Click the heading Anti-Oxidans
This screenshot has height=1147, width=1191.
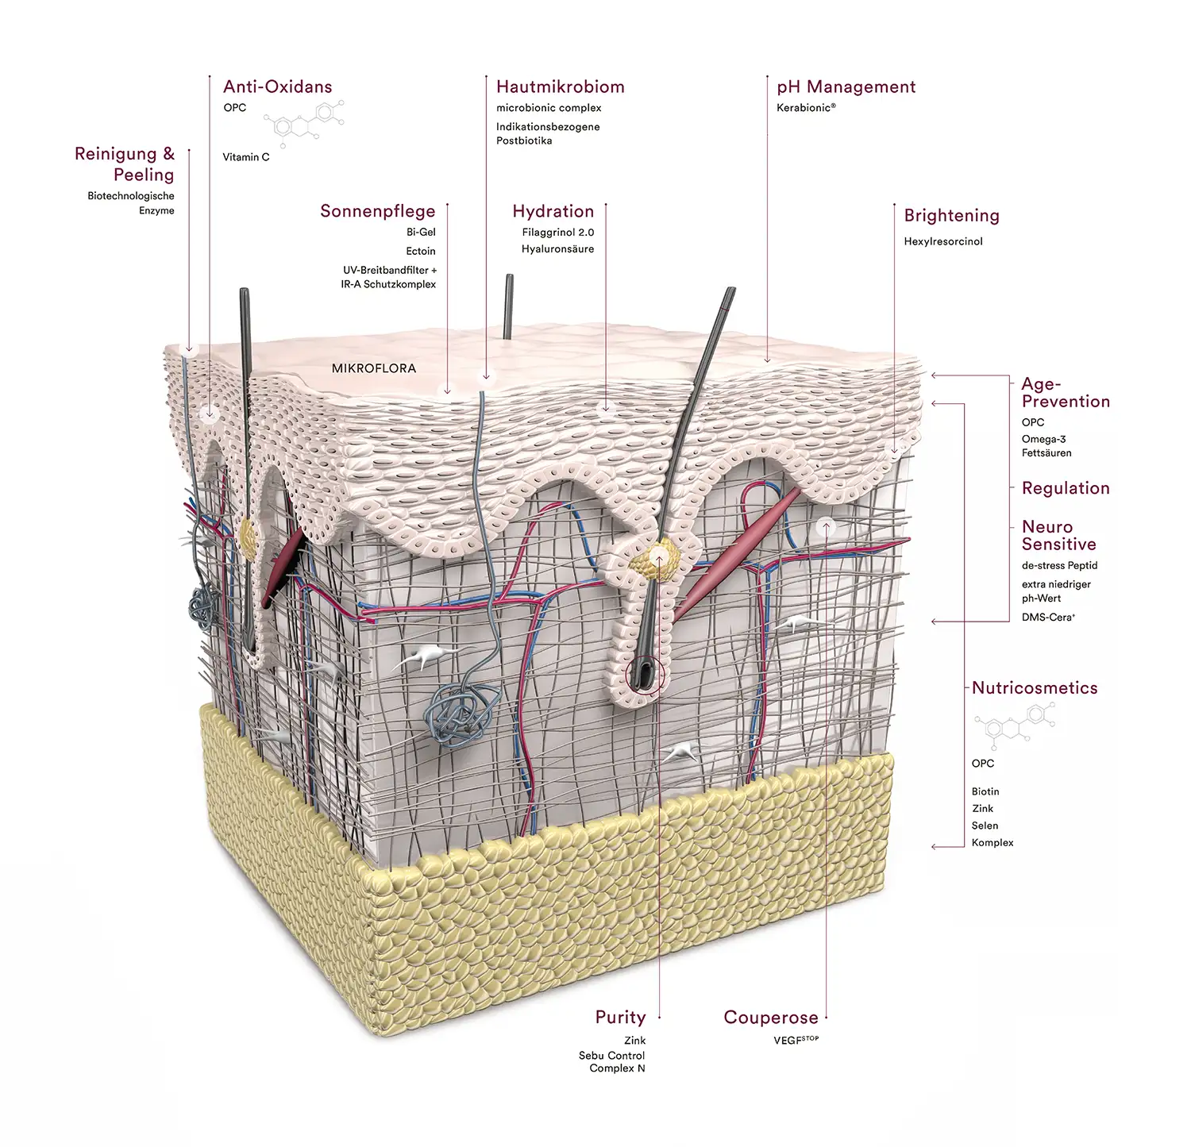tap(277, 87)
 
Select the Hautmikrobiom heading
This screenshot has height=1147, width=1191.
tap(560, 87)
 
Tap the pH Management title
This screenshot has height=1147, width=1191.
tap(846, 87)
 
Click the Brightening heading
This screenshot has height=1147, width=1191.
tap(951, 215)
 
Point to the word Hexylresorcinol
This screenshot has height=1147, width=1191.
tap(942, 241)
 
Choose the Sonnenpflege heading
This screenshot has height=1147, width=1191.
tap(377, 211)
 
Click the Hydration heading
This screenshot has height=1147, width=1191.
tap(553, 211)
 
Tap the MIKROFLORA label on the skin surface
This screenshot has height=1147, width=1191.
tap(373, 368)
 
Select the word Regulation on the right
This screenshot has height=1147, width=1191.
tap(1066, 488)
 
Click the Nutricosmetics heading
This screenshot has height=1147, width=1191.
tap(1035, 688)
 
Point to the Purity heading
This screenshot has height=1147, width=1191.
tap(620, 1017)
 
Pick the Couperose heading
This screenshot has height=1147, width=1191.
tap(770, 1018)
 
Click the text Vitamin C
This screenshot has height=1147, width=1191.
tap(246, 157)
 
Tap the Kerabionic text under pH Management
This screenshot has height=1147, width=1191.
tap(805, 108)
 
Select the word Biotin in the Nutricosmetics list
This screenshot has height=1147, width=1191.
tap(985, 791)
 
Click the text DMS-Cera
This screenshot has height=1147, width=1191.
tap(1048, 617)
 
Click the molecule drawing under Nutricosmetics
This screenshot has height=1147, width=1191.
tap(1015, 726)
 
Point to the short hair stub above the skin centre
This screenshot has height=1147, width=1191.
tap(508, 306)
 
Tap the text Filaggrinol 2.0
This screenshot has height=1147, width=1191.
tap(557, 233)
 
